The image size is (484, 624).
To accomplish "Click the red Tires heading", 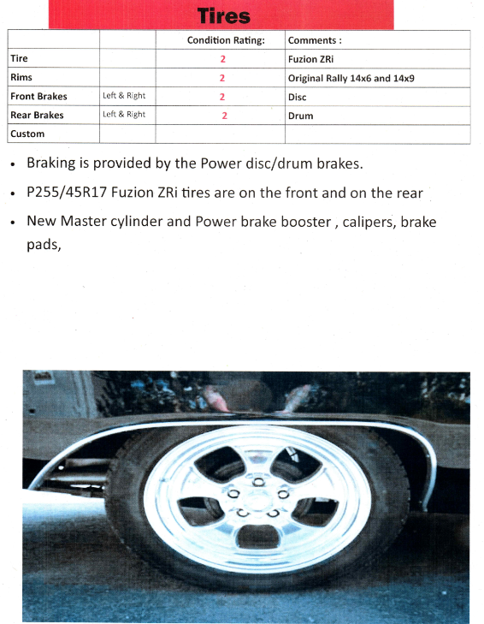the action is [x=224, y=16].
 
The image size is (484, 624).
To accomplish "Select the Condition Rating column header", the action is [x=226, y=40].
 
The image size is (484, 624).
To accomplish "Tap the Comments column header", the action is [x=315, y=40].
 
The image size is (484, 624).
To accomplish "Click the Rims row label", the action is [x=21, y=77].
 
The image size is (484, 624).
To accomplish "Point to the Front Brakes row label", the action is [x=38, y=97].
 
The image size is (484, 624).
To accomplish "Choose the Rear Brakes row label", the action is [x=37, y=115].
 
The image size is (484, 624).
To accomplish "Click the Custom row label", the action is [x=27, y=134].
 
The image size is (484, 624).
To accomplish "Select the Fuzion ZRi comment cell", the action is [x=310, y=59].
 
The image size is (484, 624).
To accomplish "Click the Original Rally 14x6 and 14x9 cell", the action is [x=351, y=78].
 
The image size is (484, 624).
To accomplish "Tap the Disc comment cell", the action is [x=297, y=97].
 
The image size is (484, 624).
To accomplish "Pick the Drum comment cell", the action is [x=301, y=116].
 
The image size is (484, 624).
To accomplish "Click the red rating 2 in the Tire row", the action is [x=222, y=59].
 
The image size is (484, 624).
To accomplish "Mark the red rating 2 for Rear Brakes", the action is [x=224, y=116].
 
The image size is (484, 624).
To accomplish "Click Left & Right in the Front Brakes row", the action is [x=124, y=96].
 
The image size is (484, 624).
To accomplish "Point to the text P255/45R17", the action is [x=67, y=193].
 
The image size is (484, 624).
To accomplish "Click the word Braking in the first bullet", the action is [x=51, y=163].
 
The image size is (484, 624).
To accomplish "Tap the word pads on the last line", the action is [x=44, y=244].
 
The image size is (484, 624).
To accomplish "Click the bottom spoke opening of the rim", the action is [x=258, y=536].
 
